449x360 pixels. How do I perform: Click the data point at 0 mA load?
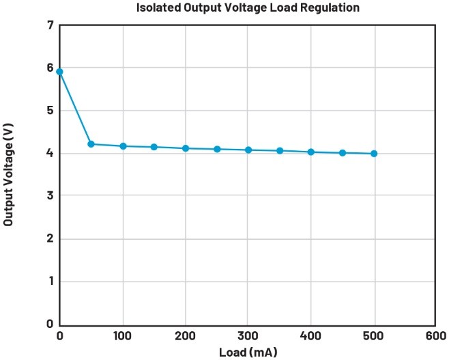(x=60, y=72)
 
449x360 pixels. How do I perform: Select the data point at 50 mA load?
(x=91, y=144)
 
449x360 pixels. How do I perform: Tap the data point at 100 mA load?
(x=123, y=146)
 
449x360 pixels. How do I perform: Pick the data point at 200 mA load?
(x=186, y=148)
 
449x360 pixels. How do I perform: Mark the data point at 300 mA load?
(x=248, y=150)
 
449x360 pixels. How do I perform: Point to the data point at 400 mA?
(x=311, y=152)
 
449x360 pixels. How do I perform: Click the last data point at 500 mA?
(x=374, y=154)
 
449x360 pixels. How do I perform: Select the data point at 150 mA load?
(x=154, y=147)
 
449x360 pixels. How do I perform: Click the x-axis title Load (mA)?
(x=248, y=352)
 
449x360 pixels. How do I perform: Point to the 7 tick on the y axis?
(x=50, y=25)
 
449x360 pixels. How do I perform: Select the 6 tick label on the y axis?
(x=50, y=68)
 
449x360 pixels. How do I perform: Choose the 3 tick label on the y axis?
(x=50, y=196)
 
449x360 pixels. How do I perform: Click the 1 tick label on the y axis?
(x=50, y=281)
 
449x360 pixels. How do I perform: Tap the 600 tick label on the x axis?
(x=435, y=336)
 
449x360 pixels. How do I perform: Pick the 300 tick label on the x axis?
(x=248, y=336)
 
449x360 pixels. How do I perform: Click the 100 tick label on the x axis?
(x=123, y=336)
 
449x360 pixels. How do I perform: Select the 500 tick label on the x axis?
(x=374, y=336)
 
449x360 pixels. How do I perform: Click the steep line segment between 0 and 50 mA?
(x=75, y=108)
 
